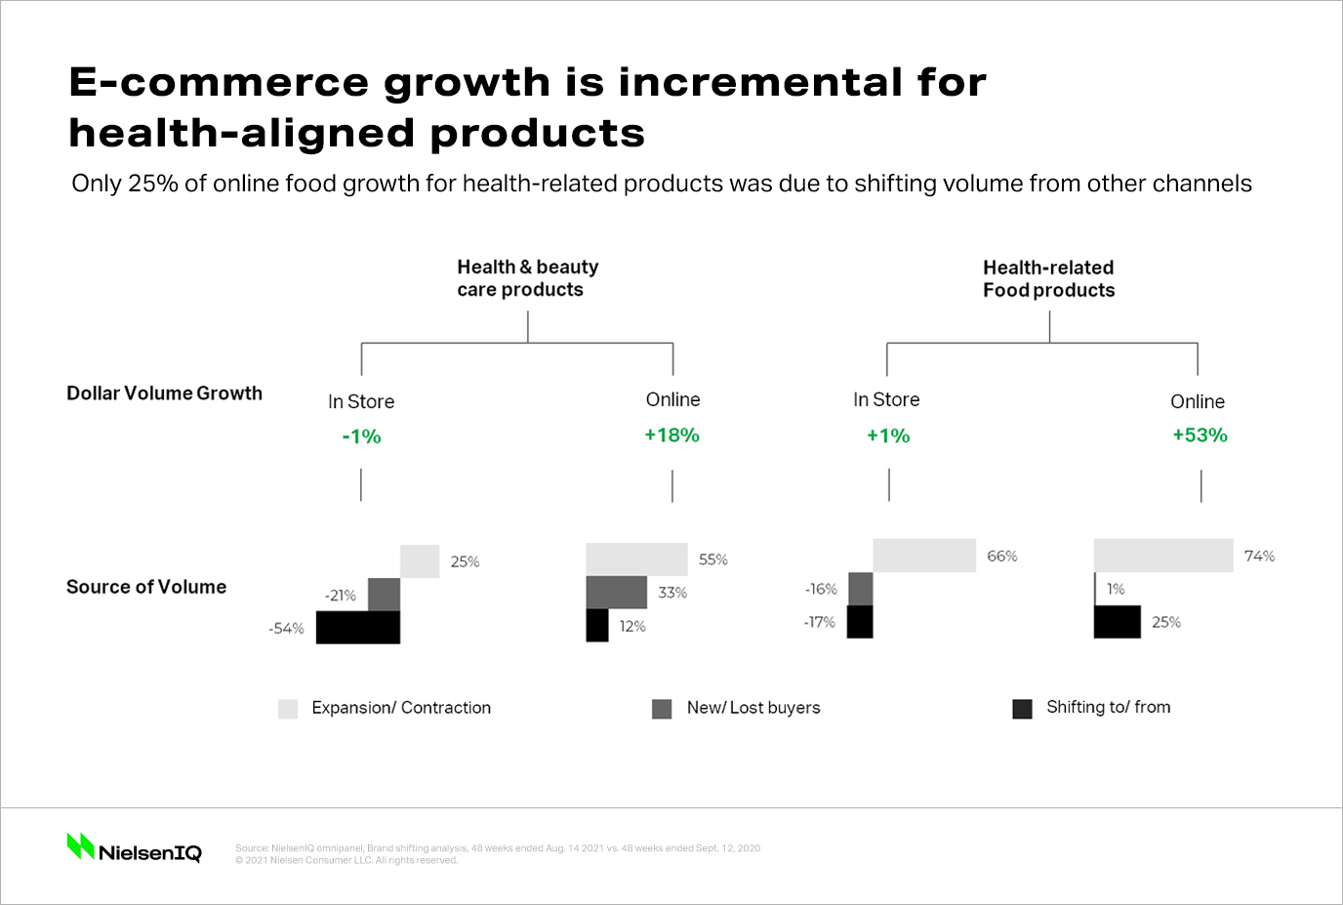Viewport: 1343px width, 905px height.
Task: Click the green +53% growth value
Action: (x=1200, y=435)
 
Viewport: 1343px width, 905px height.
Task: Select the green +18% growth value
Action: (x=671, y=435)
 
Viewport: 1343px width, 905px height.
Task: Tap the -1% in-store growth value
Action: (x=361, y=436)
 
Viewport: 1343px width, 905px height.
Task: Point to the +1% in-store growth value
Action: (x=887, y=436)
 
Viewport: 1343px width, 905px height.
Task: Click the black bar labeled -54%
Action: (x=358, y=628)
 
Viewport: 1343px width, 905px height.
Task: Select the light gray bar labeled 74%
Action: (x=1163, y=555)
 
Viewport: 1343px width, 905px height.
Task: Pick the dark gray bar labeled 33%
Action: (x=616, y=593)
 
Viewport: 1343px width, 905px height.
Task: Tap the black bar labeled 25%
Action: (x=1117, y=622)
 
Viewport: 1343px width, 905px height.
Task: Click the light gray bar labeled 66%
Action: (x=924, y=555)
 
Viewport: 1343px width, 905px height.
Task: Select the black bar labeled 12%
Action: (x=597, y=626)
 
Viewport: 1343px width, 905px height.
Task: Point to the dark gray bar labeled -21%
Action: (x=384, y=595)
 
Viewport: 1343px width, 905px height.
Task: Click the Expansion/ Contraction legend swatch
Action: (x=288, y=709)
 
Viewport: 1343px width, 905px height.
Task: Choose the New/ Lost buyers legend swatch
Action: (x=662, y=709)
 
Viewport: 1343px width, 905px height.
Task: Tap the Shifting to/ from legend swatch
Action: (x=1022, y=709)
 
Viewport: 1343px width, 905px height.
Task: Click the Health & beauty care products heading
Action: (x=527, y=278)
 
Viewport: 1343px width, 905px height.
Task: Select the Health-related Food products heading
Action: (x=1048, y=278)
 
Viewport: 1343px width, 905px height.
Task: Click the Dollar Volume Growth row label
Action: (x=164, y=393)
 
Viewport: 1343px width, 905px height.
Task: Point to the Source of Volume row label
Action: (x=146, y=587)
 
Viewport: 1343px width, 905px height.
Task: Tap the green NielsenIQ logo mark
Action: (x=80, y=846)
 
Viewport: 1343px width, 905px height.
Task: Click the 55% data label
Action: (x=712, y=559)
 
